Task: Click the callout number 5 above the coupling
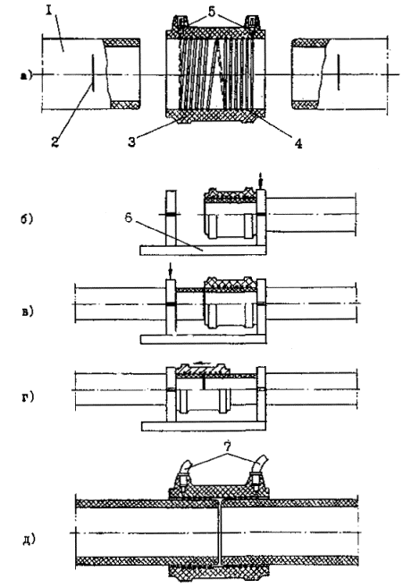pyautogui.click(x=212, y=12)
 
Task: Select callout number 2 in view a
pyautogui.click(x=55, y=141)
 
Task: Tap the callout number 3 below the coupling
pyautogui.click(x=131, y=142)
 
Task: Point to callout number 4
pyautogui.click(x=298, y=143)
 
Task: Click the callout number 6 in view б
pyautogui.click(x=129, y=217)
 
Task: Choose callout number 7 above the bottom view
pyautogui.click(x=227, y=447)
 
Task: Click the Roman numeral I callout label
pyautogui.click(x=48, y=11)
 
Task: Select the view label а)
pyautogui.click(x=27, y=76)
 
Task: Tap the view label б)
pyautogui.click(x=27, y=219)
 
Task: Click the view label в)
pyautogui.click(x=28, y=311)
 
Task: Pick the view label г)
pyautogui.click(x=28, y=396)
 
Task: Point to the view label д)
pyautogui.click(x=29, y=540)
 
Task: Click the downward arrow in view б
pyautogui.click(x=261, y=183)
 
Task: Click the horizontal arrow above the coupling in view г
pyautogui.click(x=202, y=362)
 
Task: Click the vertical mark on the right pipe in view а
pyautogui.click(x=338, y=72)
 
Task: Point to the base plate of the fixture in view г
pyautogui.click(x=204, y=426)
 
